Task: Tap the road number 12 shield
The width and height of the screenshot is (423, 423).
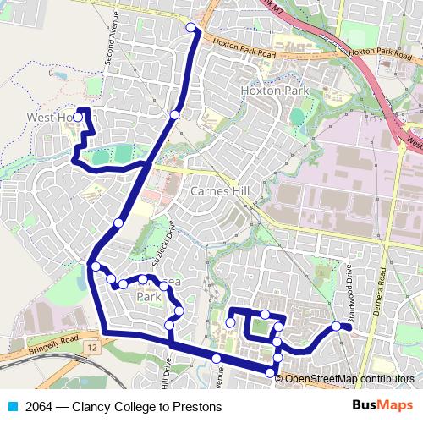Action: point(91,348)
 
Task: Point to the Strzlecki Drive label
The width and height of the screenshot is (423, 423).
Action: point(169,240)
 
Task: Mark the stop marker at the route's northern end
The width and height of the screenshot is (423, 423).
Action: point(191,28)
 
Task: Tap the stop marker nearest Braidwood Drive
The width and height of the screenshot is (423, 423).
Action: point(336,326)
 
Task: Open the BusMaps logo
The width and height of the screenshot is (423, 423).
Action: point(382,405)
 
